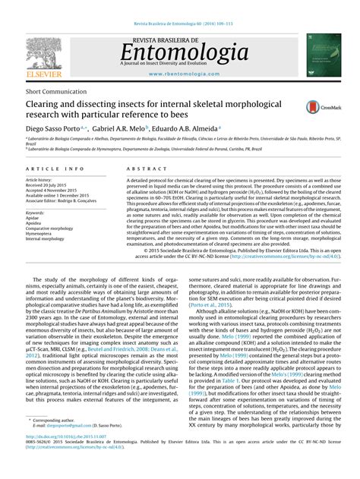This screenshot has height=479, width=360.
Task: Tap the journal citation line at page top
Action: pos(181,5)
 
